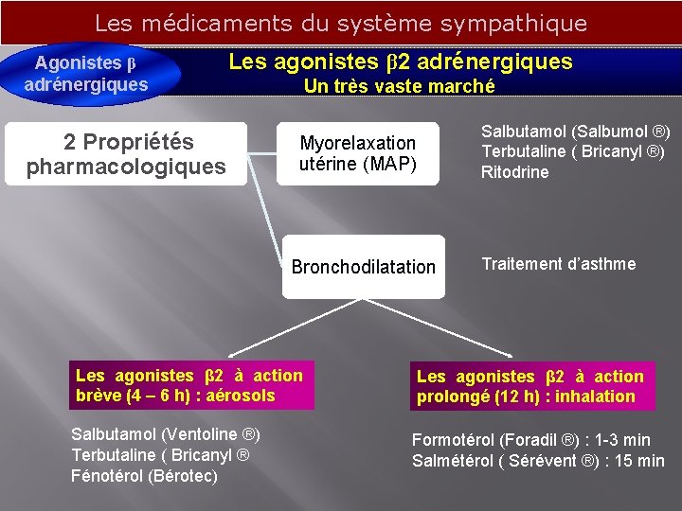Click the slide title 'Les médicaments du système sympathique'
point(341,23)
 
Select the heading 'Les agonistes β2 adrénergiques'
point(401,62)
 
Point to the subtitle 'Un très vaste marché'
point(399,86)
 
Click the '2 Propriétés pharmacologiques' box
point(126,154)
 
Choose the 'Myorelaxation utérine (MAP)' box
point(358,153)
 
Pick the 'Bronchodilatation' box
point(363,267)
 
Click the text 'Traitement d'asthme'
point(559,264)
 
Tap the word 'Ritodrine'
point(514,172)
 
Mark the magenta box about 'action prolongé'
point(529,387)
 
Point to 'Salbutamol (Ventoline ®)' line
point(166,434)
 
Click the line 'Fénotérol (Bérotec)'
point(144,476)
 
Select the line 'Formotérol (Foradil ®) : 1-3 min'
point(530,440)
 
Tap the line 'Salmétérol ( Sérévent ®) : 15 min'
point(538,461)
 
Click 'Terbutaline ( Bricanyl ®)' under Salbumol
point(573,151)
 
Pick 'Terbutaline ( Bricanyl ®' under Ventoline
point(160,455)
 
